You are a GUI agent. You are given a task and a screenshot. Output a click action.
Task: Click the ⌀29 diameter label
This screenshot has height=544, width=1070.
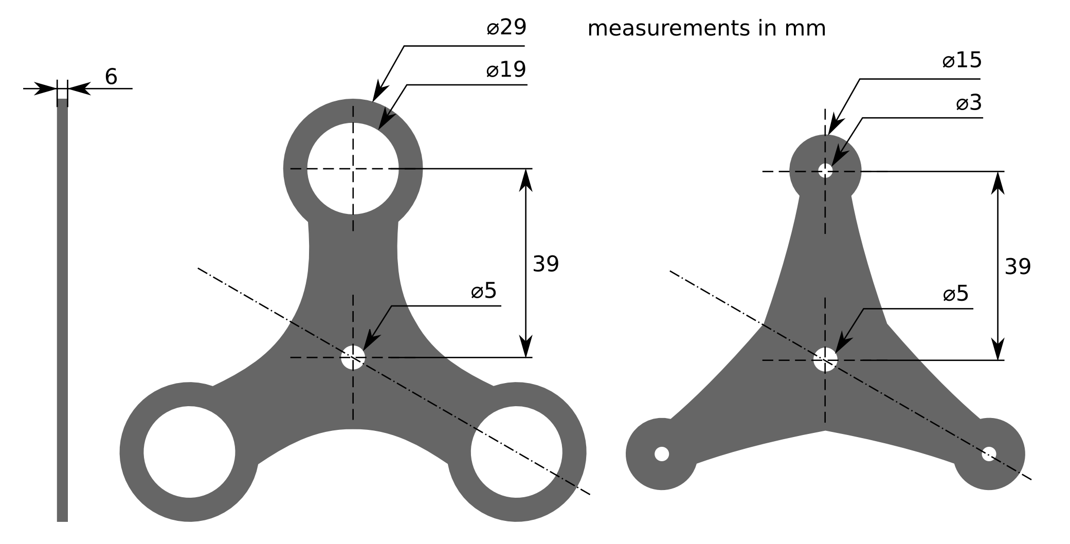click(x=506, y=27)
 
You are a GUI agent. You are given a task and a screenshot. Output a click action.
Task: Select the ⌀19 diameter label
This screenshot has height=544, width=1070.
click(x=506, y=69)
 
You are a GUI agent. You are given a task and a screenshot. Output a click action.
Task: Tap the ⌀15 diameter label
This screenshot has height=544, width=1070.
click(x=962, y=61)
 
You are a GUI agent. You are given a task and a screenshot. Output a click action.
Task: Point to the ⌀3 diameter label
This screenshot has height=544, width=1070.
click(x=969, y=103)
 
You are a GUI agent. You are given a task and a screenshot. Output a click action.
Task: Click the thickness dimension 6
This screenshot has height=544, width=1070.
click(x=111, y=77)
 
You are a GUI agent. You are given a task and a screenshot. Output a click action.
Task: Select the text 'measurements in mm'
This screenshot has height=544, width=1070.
click(x=706, y=28)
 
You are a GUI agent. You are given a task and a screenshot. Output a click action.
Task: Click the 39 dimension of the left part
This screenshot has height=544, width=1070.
click(x=546, y=264)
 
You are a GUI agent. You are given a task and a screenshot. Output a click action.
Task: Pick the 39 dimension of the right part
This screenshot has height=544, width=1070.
click(x=1018, y=267)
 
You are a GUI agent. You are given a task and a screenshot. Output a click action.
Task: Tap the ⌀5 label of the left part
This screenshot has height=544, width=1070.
click(x=484, y=291)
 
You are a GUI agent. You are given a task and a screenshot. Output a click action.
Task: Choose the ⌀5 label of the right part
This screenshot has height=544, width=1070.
click(x=956, y=294)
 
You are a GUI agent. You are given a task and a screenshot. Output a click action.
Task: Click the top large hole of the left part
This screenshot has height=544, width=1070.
click(x=353, y=168)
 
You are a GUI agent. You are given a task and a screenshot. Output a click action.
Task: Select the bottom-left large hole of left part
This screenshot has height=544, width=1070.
click(x=189, y=452)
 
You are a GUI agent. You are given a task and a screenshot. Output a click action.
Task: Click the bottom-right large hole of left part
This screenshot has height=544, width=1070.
click(x=516, y=452)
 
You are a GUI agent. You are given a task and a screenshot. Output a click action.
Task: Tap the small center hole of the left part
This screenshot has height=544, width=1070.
click(x=353, y=357)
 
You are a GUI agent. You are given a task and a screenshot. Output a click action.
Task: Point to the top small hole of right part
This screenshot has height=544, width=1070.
click(x=825, y=171)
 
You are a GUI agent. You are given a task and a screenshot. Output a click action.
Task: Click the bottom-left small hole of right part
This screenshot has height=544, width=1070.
click(x=662, y=454)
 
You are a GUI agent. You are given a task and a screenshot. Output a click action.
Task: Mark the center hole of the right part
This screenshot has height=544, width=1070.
click(x=825, y=359)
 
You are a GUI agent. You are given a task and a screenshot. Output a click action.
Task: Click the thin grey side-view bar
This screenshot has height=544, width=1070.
click(x=62, y=309)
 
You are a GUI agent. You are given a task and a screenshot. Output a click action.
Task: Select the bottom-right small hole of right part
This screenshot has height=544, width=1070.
click(x=988, y=454)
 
